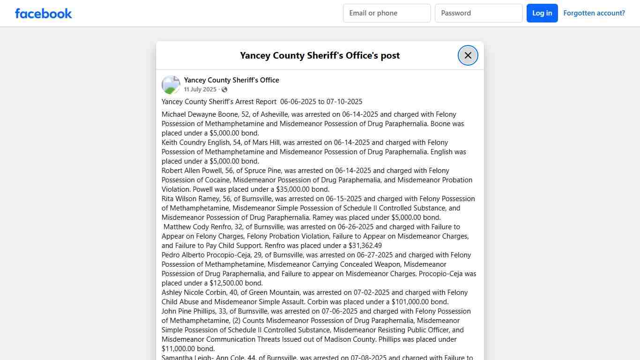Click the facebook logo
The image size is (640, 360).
[x=44, y=13]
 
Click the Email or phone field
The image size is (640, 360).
[x=387, y=13]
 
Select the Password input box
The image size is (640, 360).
[x=478, y=13]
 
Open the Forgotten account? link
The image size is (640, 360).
[x=594, y=13]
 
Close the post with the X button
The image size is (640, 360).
[x=468, y=55]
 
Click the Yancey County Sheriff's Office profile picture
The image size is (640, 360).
[x=171, y=85]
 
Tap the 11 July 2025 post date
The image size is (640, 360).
[x=200, y=90]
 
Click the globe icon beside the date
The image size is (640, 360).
[x=224, y=90]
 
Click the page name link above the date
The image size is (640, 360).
[x=231, y=80]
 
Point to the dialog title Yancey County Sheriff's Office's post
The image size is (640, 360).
[x=320, y=55]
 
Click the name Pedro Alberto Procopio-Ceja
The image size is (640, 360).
[x=206, y=255]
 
